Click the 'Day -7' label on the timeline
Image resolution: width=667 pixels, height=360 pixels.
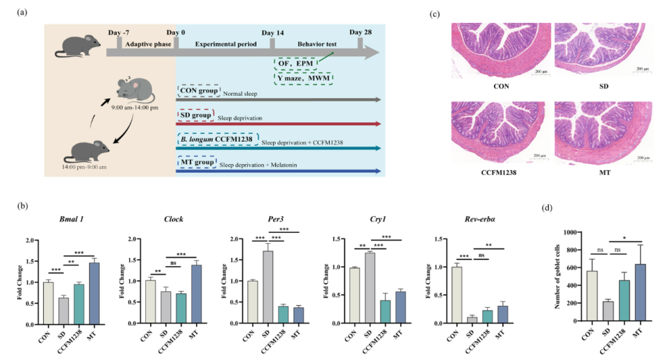click(x=120, y=33)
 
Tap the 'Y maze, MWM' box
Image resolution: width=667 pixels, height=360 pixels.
click(x=304, y=78)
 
